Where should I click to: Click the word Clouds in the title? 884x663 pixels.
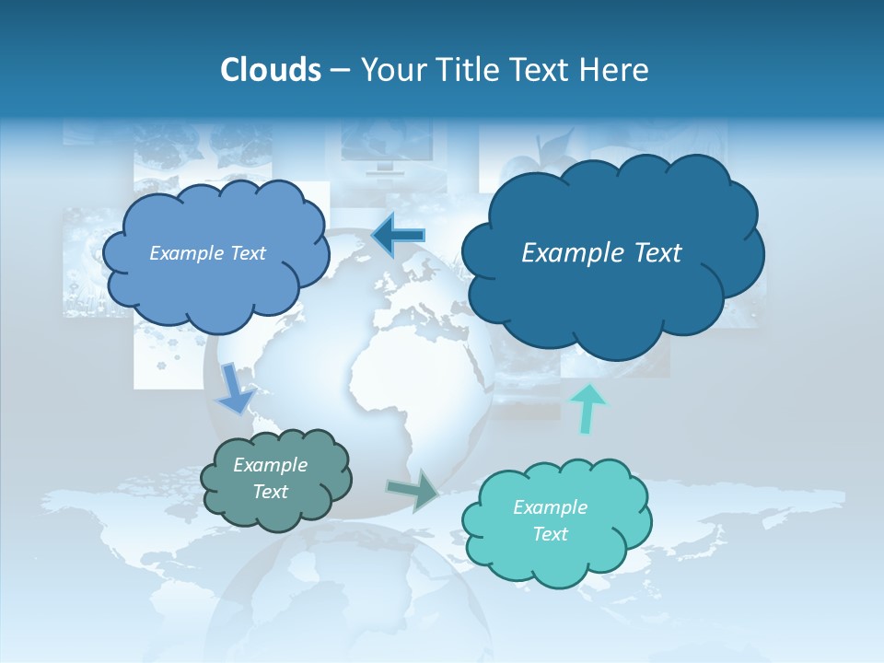pyautogui.click(x=271, y=70)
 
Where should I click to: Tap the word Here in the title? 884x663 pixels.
pyautogui.click(x=614, y=70)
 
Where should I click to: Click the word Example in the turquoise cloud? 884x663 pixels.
pyautogui.click(x=550, y=507)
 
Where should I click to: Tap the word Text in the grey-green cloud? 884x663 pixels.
pyautogui.click(x=271, y=492)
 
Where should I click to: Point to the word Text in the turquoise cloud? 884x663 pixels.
pyautogui.click(x=550, y=534)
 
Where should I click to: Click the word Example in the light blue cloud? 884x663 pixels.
pyautogui.click(x=184, y=253)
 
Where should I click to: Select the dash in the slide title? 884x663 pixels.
pyautogui.click(x=340, y=71)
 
